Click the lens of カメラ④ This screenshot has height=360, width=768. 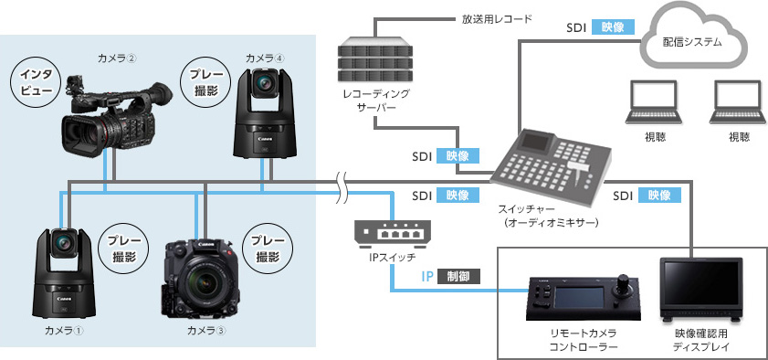(265, 82)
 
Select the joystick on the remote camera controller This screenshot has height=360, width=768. (625, 282)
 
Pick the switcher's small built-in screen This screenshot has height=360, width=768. (535, 141)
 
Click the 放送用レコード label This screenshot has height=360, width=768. (497, 19)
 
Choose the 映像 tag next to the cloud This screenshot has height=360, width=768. (613, 26)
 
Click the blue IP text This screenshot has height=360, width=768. (427, 276)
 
